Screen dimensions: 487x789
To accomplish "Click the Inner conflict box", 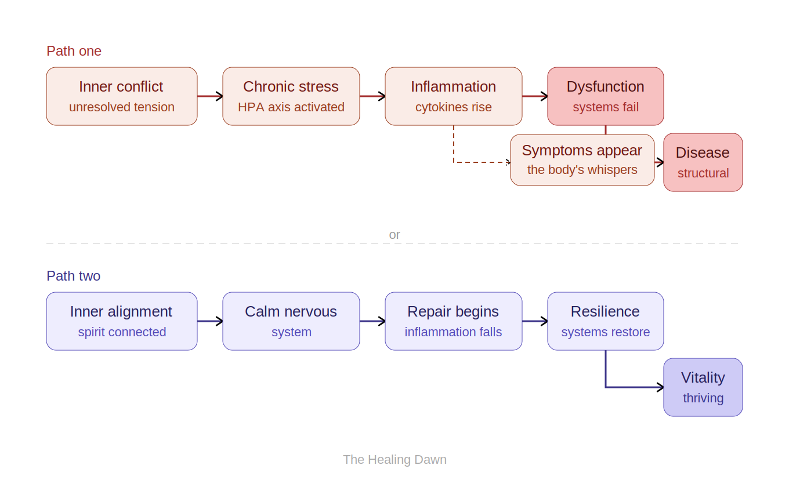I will tap(122, 96).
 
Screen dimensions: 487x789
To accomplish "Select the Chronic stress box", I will tap(291, 96).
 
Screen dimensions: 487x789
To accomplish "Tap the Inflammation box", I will tap(454, 96).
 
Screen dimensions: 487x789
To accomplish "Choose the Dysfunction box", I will tap(606, 96).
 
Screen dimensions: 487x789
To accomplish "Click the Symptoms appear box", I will tap(582, 160).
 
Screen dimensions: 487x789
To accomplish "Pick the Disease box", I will tap(703, 162).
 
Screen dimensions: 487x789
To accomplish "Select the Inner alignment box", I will tap(122, 321).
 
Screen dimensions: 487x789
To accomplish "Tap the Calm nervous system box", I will tap(291, 321).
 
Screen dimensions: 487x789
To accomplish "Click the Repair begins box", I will tap(454, 321).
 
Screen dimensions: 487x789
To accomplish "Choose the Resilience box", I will tap(606, 321).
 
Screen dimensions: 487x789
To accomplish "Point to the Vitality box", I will tap(703, 387).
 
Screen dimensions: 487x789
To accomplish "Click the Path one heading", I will tap(74, 51).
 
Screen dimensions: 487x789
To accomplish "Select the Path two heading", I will tap(73, 276).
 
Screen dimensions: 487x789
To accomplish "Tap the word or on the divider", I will tap(395, 235).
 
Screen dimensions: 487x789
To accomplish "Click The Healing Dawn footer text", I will tap(395, 460).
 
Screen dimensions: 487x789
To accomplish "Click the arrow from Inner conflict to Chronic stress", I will tap(210, 96).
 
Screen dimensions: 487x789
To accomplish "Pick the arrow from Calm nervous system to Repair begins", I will tap(372, 321).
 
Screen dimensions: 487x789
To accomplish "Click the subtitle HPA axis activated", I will tap(291, 107).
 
